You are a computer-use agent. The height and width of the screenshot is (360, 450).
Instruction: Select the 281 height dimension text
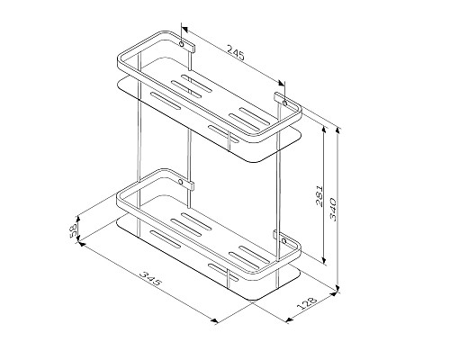(321, 199)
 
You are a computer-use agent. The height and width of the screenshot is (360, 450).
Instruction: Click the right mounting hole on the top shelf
(286, 102)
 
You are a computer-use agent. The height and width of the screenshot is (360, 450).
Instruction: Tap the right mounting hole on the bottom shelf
(286, 242)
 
